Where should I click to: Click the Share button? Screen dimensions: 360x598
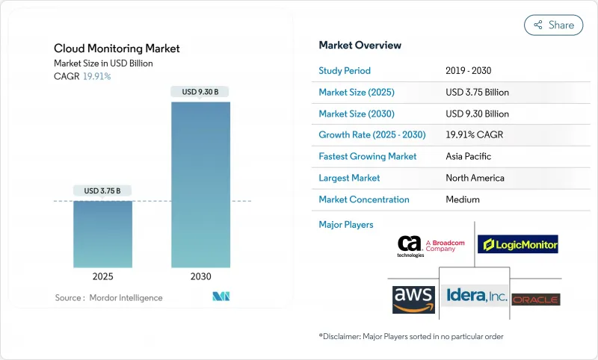(x=554, y=25)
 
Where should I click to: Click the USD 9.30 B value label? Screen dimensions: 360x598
(x=200, y=92)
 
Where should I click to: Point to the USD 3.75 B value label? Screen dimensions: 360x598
(x=102, y=190)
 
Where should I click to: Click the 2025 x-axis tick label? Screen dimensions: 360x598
(x=102, y=276)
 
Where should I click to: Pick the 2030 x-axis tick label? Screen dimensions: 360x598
(x=200, y=276)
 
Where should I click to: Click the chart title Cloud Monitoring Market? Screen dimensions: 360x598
(x=117, y=49)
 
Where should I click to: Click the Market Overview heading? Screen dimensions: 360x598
(x=360, y=45)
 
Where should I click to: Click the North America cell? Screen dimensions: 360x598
(x=474, y=178)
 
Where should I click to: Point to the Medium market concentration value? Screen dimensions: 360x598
(x=462, y=199)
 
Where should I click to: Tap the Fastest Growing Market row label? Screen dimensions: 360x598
(x=368, y=157)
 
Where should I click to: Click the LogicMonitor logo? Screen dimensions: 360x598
(x=518, y=244)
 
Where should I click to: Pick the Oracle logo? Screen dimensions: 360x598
(x=536, y=300)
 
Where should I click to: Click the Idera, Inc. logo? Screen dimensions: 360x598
(x=476, y=297)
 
